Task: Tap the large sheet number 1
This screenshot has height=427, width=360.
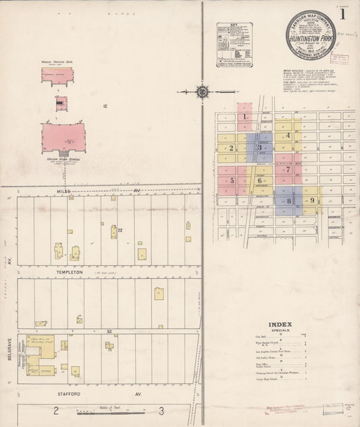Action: (x=344, y=14)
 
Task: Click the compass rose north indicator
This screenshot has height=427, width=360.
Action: (x=201, y=92)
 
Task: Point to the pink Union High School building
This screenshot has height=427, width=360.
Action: (x=63, y=138)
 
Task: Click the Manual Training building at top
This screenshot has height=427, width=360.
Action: (x=57, y=74)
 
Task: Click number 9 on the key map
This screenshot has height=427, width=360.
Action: (x=312, y=200)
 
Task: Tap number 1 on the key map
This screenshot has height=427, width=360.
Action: (x=244, y=116)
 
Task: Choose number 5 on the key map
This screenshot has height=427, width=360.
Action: (x=232, y=180)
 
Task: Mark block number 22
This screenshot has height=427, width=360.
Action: (x=120, y=230)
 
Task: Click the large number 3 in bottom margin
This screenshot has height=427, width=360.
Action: (x=161, y=410)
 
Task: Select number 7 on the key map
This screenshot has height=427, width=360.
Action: (x=287, y=170)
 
